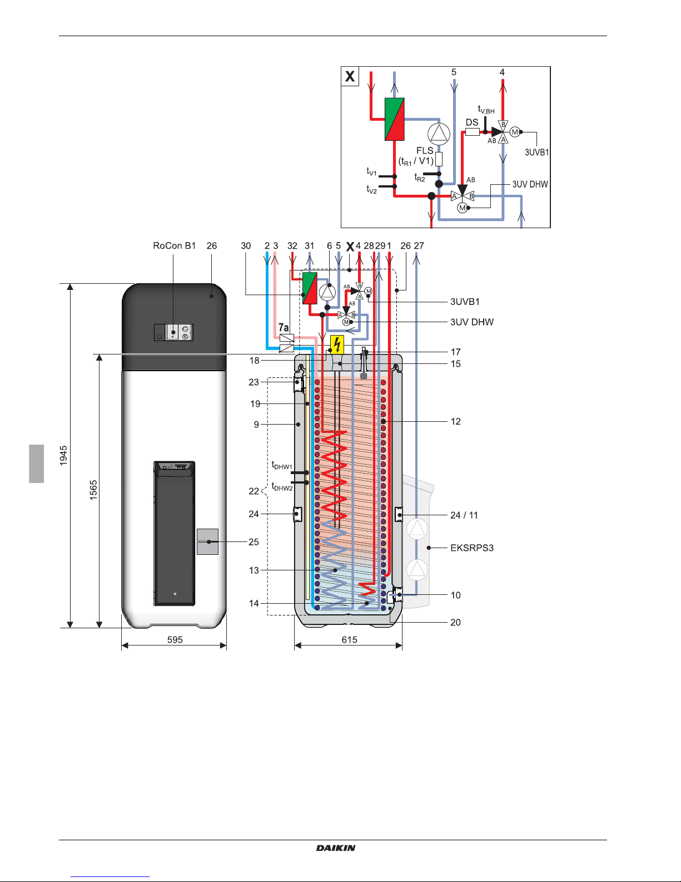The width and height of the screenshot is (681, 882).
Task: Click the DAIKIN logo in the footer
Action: [336, 848]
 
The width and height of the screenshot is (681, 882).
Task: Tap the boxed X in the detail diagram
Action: [350, 76]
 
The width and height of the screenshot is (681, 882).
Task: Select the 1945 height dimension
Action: [63, 455]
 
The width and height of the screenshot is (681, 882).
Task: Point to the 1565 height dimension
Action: [93, 490]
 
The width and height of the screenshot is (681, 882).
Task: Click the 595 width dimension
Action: [175, 640]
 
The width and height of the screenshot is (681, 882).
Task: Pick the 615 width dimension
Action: [350, 640]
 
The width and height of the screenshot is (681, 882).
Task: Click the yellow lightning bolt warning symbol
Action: [337, 344]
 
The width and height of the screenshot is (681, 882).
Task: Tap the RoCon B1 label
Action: [175, 245]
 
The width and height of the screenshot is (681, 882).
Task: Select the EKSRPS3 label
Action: [472, 548]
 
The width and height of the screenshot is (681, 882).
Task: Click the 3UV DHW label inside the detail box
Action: [530, 184]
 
